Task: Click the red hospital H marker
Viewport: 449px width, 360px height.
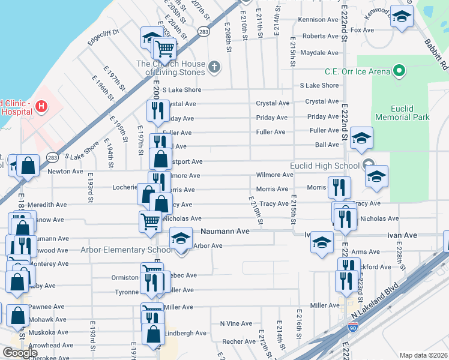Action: [41, 107]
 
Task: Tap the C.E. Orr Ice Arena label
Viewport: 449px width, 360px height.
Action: [357, 71]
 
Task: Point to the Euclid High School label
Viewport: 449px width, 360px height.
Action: [325, 166]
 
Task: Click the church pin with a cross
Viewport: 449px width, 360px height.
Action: [213, 65]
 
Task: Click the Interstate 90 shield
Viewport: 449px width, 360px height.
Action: [354, 328]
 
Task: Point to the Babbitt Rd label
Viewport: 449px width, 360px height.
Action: [436, 53]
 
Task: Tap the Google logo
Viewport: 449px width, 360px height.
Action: [19, 353]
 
